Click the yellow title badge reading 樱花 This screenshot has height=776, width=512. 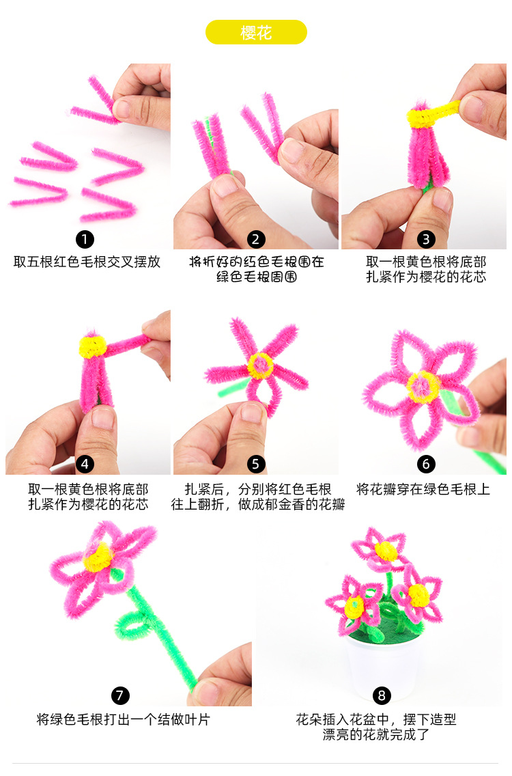click(x=256, y=32)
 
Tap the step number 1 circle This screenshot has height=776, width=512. click(x=85, y=239)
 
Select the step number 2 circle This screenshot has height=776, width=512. click(x=256, y=239)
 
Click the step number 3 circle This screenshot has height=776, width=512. click(x=427, y=239)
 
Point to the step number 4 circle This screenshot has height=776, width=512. click(x=85, y=465)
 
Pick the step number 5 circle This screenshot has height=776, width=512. click(x=256, y=465)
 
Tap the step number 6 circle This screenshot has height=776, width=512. click(x=426, y=465)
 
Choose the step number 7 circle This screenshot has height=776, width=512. click(x=120, y=695)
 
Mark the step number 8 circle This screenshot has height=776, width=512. click(x=382, y=695)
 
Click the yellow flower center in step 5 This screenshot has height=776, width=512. click(x=260, y=367)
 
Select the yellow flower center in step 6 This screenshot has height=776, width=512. click(x=421, y=387)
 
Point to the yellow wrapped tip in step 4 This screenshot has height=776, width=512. click(x=91, y=347)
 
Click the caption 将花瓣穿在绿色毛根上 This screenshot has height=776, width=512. click(x=423, y=489)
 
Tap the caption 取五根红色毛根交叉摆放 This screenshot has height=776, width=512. click(x=87, y=262)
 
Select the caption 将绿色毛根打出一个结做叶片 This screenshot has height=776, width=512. click(x=124, y=719)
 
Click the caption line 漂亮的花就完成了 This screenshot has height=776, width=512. click(x=376, y=734)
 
